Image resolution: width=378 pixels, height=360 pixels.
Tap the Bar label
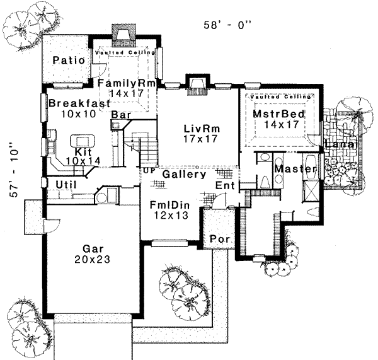(x=120, y=115)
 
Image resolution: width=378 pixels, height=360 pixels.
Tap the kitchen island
(x=81, y=140)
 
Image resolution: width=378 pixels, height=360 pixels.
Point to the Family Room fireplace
(x=123, y=35)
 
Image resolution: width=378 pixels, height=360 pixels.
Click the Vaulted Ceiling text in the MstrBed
(x=277, y=96)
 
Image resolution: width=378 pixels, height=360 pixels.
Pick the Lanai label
(x=341, y=146)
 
